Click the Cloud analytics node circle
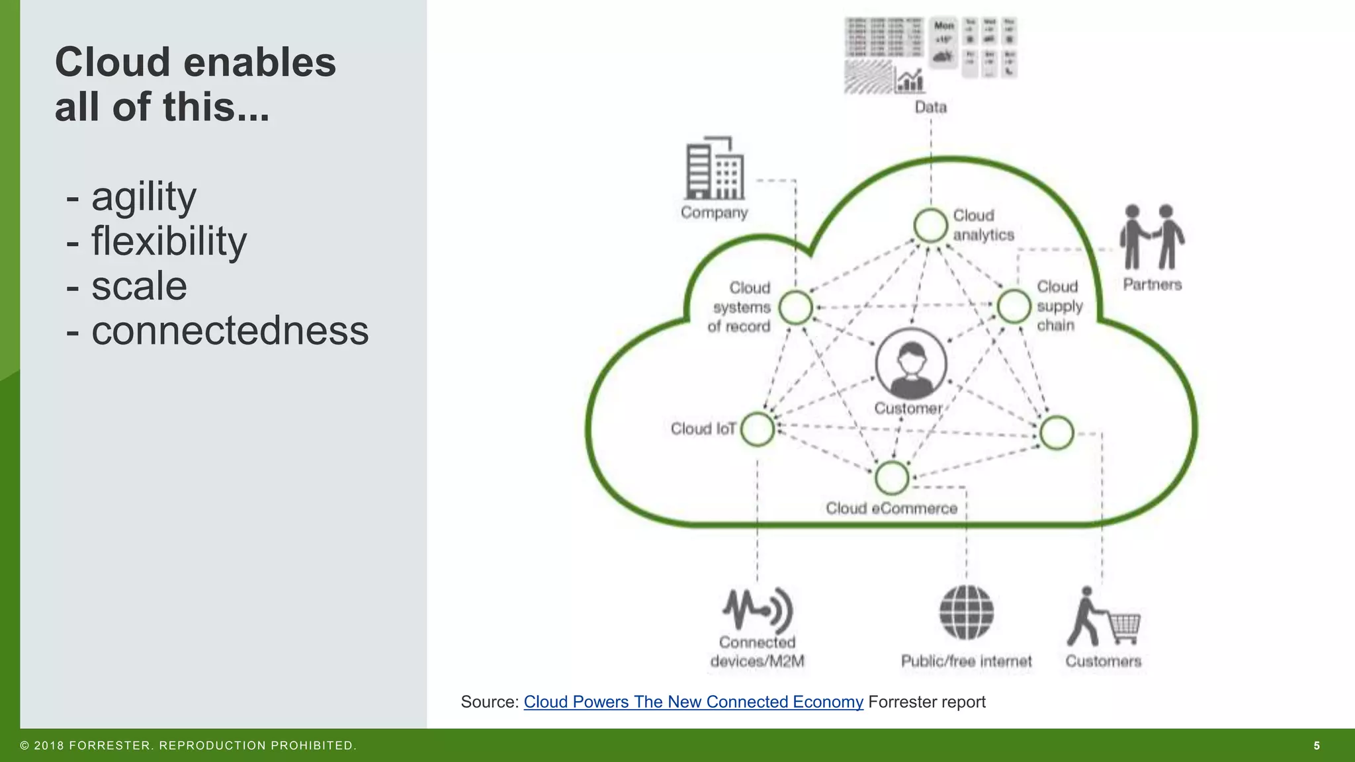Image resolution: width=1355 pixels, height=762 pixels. click(x=930, y=226)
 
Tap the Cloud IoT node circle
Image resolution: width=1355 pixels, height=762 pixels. click(x=758, y=429)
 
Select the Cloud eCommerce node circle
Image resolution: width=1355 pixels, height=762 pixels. click(x=892, y=478)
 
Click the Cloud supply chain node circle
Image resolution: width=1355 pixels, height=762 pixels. click(x=1014, y=306)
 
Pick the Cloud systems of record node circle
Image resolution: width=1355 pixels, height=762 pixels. click(x=795, y=308)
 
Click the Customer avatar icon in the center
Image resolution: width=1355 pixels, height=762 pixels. click(x=910, y=364)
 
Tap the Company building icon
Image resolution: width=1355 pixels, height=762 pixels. click(x=715, y=169)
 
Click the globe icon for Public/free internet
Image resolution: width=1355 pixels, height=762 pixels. click(x=967, y=612)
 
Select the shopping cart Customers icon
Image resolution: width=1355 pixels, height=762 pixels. click(x=1104, y=617)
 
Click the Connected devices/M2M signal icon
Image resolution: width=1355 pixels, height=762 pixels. click(x=758, y=609)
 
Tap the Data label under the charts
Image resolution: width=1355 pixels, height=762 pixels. click(x=931, y=107)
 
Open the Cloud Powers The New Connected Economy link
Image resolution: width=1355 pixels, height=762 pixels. click(x=693, y=702)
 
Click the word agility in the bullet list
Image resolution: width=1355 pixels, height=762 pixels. click(x=144, y=197)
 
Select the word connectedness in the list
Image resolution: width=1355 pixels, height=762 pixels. click(x=230, y=331)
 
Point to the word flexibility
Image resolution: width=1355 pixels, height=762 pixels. click(x=169, y=241)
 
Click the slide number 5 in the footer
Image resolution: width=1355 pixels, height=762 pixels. click(x=1317, y=745)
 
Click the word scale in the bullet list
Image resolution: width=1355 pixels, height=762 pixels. click(x=139, y=286)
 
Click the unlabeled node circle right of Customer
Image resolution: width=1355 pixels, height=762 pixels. click(x=1056, y=433)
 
